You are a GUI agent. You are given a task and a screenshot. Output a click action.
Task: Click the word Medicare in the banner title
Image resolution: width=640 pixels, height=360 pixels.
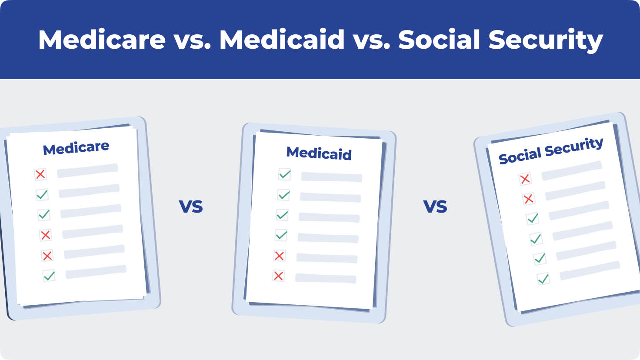click(x=102, y=39)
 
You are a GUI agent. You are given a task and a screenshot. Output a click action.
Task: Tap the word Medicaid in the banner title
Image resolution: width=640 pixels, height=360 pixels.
click(x=282, y=39)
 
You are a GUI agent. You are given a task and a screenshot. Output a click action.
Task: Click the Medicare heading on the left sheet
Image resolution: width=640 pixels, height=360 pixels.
click(x=76, y=148)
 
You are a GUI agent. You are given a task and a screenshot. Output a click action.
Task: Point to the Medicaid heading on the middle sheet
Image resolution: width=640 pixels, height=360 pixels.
click(x=319, y=153)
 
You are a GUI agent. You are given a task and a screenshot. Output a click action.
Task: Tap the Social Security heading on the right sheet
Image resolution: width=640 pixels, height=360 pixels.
click(x=551, y=150)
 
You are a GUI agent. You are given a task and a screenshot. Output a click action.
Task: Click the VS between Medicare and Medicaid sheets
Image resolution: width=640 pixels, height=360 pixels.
click(x=191, y=207)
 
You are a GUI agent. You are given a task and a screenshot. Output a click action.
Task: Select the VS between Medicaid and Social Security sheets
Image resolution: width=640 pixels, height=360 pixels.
click(x=435, y=207)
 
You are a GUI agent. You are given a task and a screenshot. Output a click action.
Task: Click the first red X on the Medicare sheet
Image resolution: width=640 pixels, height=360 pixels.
click(x=40, y=174)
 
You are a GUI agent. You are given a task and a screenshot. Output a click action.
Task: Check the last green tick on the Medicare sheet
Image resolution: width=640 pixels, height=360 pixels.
click(x=49, y=276)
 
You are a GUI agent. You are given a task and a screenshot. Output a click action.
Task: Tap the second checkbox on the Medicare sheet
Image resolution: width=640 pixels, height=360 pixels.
click(x=42, y=195)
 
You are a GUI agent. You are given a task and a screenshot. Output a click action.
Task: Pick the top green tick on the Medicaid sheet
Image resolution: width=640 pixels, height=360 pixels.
click(x=285, y=174)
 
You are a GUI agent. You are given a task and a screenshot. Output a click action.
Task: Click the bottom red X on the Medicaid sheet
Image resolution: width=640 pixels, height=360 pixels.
click(x=278, y=276)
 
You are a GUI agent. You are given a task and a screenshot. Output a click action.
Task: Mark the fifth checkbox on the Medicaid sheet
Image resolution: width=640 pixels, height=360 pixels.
click(x=279, y=256)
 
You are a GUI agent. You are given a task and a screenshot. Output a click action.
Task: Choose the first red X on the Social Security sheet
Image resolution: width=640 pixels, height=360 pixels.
click(x=525, y=179)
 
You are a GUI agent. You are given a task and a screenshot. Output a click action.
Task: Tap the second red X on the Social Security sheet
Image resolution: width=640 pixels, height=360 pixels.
click(x=529, y=199)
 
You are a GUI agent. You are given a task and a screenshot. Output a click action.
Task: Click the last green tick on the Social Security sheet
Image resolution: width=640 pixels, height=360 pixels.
click(x=543, y=279)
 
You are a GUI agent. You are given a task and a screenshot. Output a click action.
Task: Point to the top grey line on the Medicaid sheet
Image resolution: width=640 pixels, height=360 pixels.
click(x=332, y=177)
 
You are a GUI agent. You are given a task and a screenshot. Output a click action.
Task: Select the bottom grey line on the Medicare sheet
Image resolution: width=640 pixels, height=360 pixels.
click(x=96, y=272)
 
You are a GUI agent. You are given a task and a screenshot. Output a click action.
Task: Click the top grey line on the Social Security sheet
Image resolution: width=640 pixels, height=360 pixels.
click(x=572, y=171)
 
